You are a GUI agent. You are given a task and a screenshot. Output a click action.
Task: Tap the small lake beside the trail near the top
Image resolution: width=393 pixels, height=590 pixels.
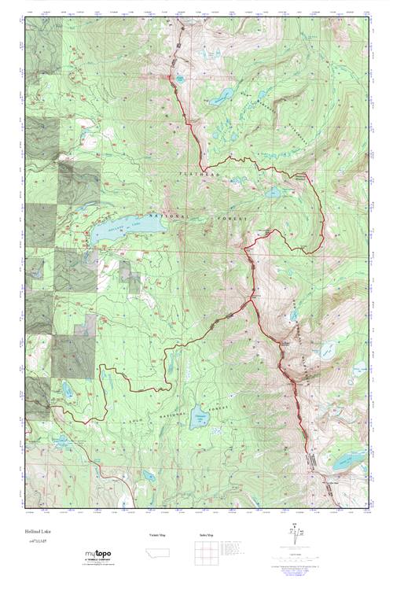click(x=180, y=79)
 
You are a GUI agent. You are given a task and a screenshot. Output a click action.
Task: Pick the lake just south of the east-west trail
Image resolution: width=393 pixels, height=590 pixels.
click(x=272, y=191)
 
